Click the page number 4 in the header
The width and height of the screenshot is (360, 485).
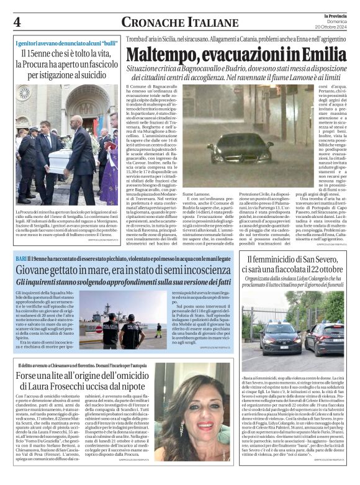(x=17, y=22)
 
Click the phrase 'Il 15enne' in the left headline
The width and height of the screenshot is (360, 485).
(x=36, y=55)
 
